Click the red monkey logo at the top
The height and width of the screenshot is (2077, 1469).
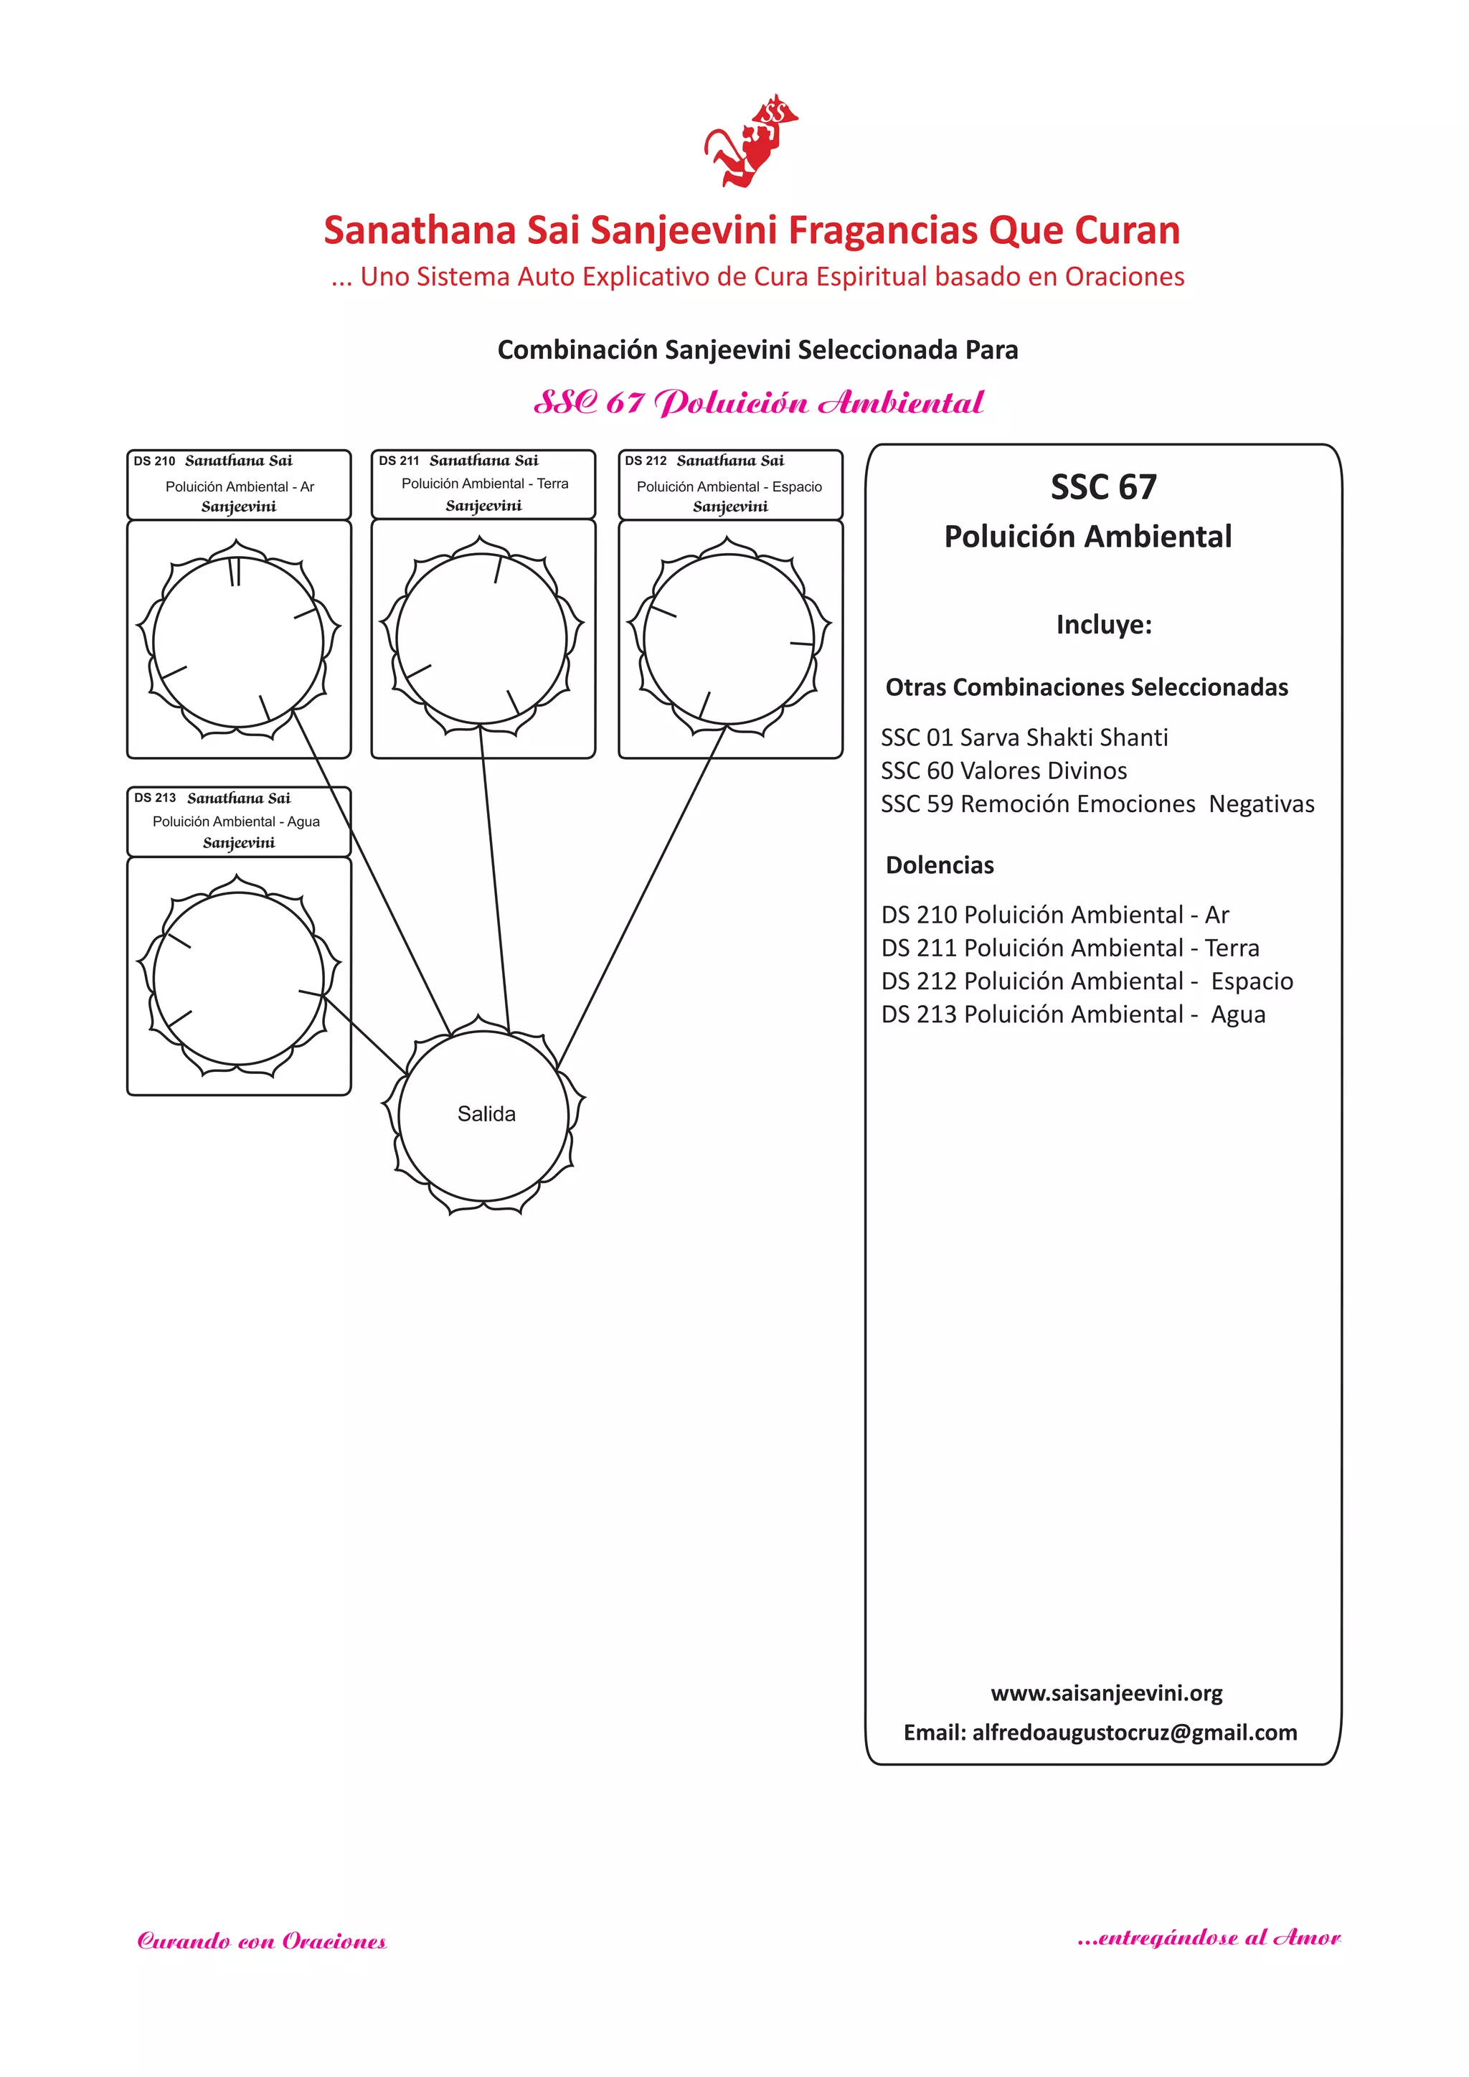pyautogui.click(x=751, y=141)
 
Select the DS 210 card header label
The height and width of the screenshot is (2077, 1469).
pyautogui.click(x=239, y=484)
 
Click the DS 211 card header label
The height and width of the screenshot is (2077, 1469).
pyautogui.click(x=483, y=483)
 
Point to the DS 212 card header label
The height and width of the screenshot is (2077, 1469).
pyautogui.click(x=730, y=484)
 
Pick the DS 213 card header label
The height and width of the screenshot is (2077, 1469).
pyautogui.click(x=239, y=821)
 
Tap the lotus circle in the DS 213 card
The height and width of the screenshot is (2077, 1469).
pyautogui.click(x=239, y=978)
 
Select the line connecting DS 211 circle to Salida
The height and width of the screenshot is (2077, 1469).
pyautogui.click(x=495, y=877)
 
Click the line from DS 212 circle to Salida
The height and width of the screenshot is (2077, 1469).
pyautogui.click(x=642, y=895)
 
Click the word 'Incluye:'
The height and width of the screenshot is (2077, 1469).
pyautogui.click(x=1104, y=625)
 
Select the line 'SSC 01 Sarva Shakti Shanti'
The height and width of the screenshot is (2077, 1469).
pyautogui.click(x=1024, y=738)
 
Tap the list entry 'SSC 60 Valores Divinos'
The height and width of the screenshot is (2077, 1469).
pyautogui.click(x=1004, y=771)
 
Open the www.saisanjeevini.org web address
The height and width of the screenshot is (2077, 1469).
pyautogui.click(x=1106, y=1692)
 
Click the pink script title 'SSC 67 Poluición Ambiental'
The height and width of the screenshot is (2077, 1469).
pyautogui.click(x=758, y=402)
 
